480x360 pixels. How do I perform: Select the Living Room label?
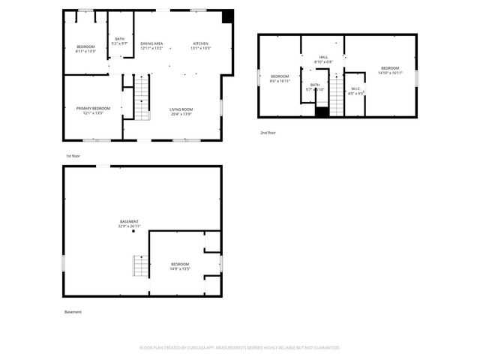click(181, 111)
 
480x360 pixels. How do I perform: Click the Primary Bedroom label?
click(93, 110)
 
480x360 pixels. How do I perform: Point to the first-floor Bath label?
click(120, 41)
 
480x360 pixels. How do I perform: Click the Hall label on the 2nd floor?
click(323, 59)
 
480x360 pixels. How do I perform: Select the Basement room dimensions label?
click(130, 223)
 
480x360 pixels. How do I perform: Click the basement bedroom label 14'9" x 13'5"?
click(180, 266)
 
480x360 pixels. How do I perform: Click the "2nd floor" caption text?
click(268, 132)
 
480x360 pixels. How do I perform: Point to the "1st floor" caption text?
click(73, 155)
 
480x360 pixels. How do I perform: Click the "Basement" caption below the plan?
click(73, 312)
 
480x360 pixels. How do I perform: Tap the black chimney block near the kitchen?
click(228, 16)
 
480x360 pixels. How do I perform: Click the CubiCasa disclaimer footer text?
click(240, 347)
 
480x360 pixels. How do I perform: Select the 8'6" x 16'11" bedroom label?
click(280, 78)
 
